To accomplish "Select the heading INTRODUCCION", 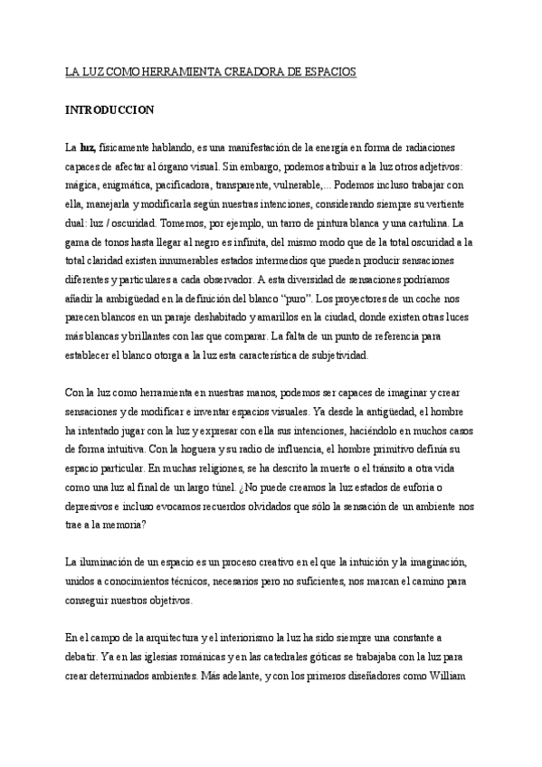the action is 109,110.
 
